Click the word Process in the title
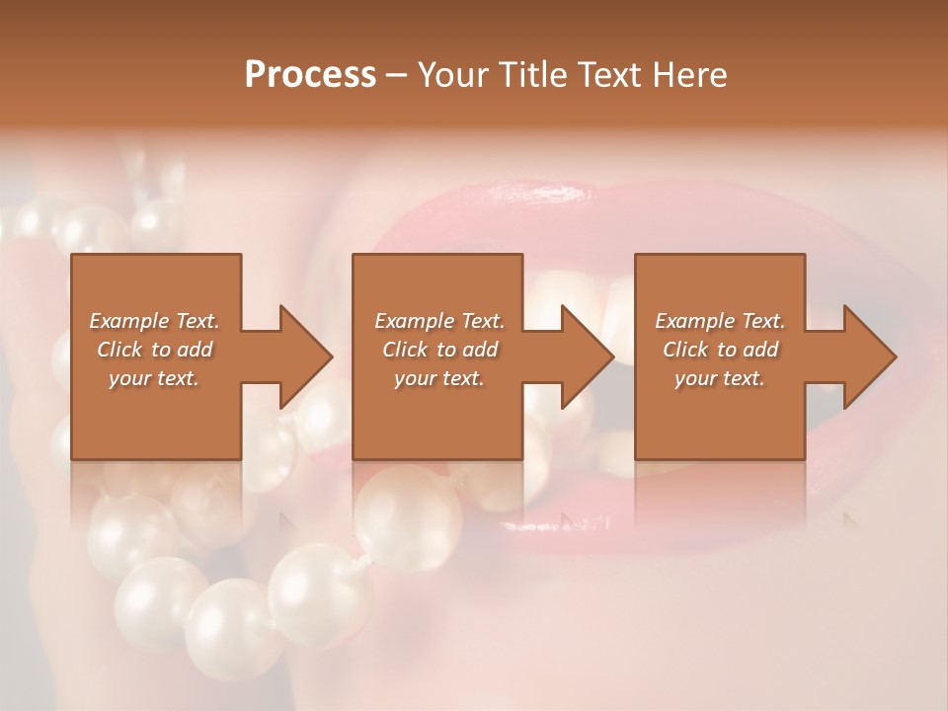point(310,75)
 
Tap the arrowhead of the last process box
point(869,356)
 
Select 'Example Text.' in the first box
point(154,321)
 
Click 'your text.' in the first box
point(154,378)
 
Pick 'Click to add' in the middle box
point(439,350)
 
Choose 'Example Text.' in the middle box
point(439,321)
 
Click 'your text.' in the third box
point(720,378)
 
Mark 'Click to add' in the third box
point(720,350)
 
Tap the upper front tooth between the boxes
point(617,316)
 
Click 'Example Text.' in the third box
point(720,321)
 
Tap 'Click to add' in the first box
point(154,350)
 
